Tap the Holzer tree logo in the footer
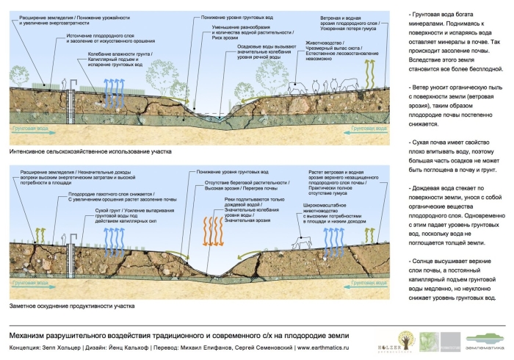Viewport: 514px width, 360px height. [x=408, y=338]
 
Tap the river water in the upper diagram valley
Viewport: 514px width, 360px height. [x=212, y=115]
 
